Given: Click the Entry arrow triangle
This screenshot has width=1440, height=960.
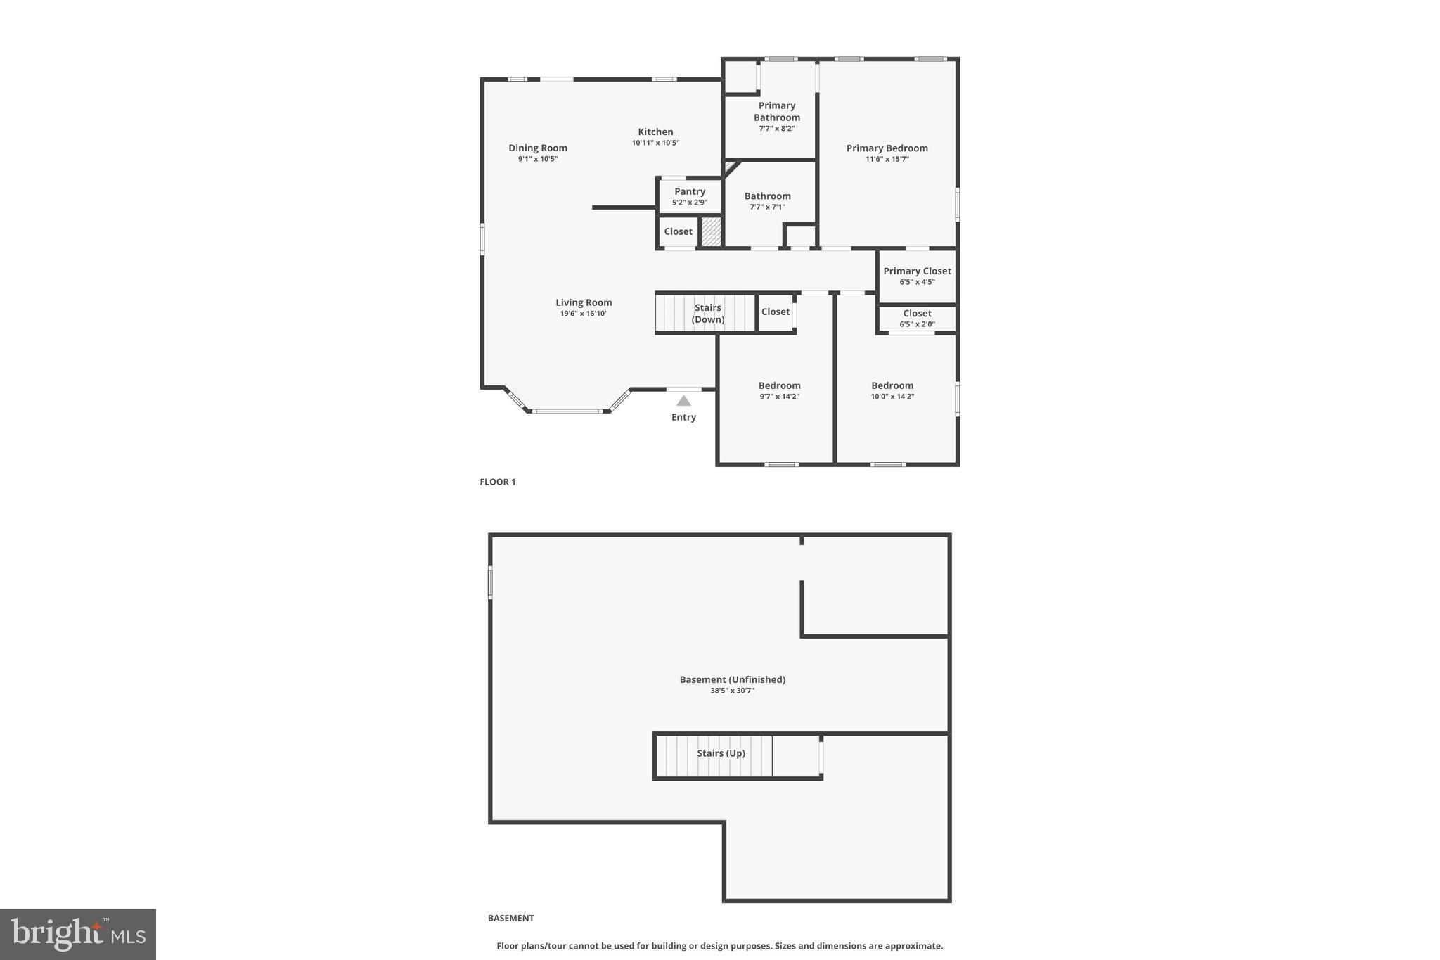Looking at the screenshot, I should pos(683,401).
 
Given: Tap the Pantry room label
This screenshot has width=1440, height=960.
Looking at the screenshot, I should pos(690,191).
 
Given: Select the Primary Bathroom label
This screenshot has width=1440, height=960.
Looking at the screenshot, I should pos(777,111).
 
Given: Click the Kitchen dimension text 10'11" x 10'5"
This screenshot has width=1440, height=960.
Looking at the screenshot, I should pos(655,143).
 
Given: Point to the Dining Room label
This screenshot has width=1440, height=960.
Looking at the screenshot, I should pos(538,148).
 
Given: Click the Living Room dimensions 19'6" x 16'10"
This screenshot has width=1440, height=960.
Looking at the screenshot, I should pos(584,314).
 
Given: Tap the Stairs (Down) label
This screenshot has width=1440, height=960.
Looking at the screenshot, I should pos(708,314).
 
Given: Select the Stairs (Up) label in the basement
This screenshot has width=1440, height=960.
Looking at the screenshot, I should pos(721,753).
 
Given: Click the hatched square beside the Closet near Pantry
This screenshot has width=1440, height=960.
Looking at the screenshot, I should pos(712,232).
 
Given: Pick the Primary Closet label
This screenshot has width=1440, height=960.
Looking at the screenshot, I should pos(917,271).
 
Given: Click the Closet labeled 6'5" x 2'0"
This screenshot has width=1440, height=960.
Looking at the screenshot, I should pos(917,318).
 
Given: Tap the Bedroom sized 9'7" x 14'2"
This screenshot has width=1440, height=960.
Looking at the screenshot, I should pos(779,390).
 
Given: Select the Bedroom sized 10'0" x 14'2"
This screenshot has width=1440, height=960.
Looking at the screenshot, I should pos(892,390).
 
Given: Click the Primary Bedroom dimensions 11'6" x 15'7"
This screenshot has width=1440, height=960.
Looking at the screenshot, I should pos(887,159).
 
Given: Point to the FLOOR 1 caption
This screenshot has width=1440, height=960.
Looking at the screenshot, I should pos(498,482).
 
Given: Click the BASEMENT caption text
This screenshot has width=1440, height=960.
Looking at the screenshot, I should pos(511,918).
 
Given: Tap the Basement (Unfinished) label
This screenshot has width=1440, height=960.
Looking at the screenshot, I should pos(732,679).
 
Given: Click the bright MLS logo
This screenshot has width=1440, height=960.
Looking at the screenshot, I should pos(78,934).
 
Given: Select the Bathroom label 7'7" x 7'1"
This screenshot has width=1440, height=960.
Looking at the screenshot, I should pos(767,200).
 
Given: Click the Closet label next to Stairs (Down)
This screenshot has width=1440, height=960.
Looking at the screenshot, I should pos(776,312).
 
